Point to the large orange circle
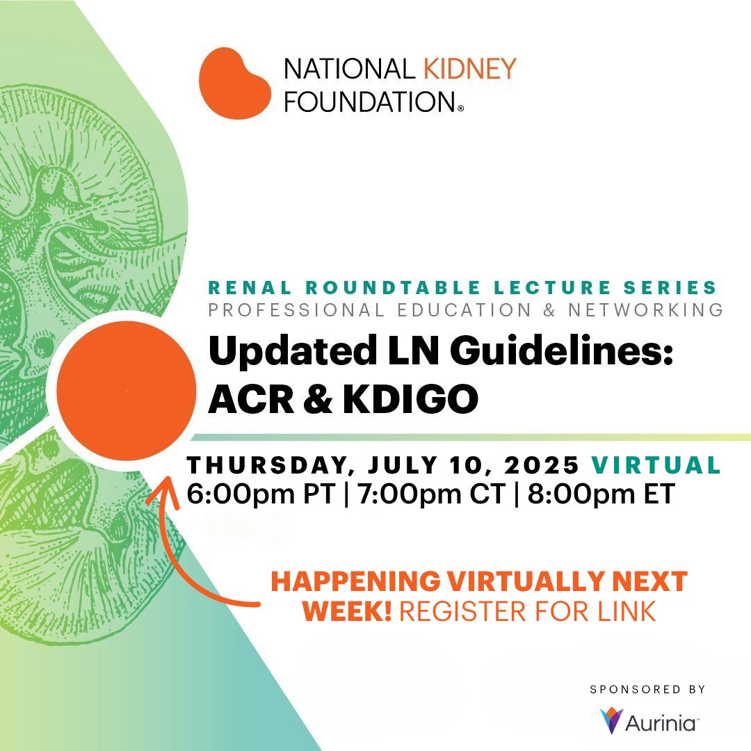coord(126,390)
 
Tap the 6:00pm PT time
coord(261,494)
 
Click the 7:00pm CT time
coord(429,494)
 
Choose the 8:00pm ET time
coord(601,494)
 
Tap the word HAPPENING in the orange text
coord(355,581)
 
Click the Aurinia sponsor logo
coord(649,721)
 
